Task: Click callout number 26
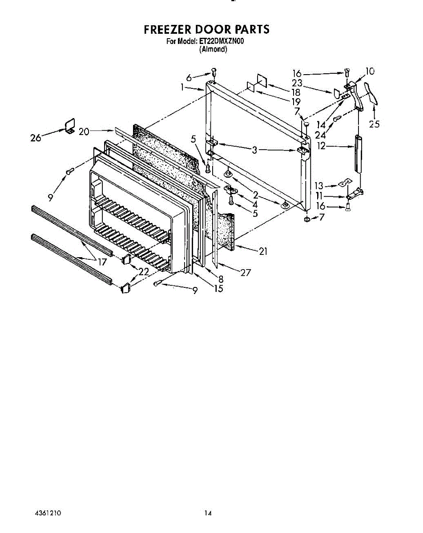(x=36, y=138)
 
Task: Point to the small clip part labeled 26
(x=69, y=126)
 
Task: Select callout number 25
(x=375, y=124)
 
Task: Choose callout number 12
(x=321, y=145)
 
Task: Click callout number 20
(x=84, y=131)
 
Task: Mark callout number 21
(x=263, y=251)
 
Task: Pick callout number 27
(x=246, y=273)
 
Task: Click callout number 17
(x=102, y=262)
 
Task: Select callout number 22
(x=143, y=272)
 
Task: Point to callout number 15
(x=218, y=289)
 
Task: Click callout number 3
(x=254, y=150)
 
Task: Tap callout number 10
(x=370, y=72)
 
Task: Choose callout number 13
(x=318, y=186)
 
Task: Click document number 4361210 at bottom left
(x=48, y=513)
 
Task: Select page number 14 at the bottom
(x=208, y=513)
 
